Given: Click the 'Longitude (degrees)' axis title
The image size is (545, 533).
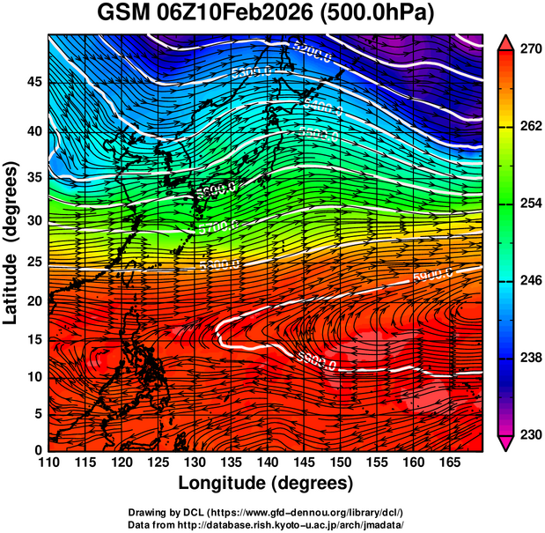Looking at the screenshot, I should [266, 483].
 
